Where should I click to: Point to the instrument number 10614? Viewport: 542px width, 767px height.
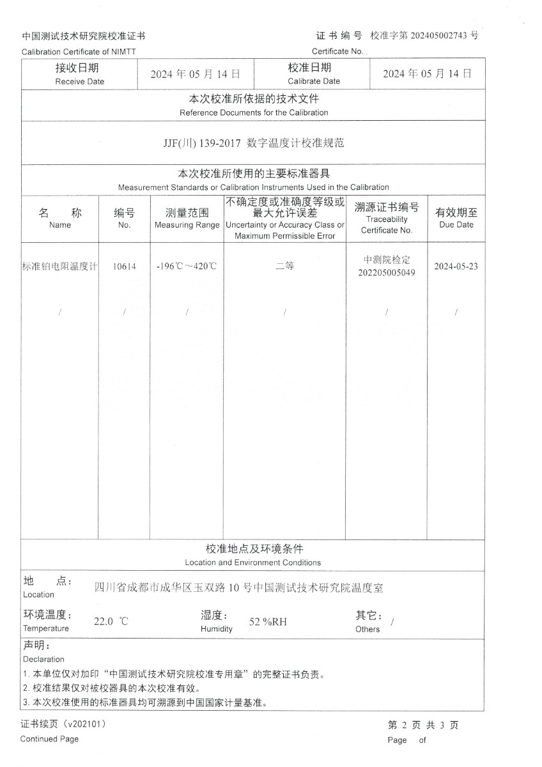124,267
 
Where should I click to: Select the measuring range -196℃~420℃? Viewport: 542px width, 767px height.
187,267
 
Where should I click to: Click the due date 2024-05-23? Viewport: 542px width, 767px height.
456,267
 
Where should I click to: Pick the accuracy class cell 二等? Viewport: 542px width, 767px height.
284,267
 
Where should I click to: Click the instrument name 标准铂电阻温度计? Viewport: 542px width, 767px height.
59,267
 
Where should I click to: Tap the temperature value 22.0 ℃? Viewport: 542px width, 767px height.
111,621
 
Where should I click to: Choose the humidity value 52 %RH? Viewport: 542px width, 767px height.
268,621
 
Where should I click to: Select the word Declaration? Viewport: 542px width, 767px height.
43,659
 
